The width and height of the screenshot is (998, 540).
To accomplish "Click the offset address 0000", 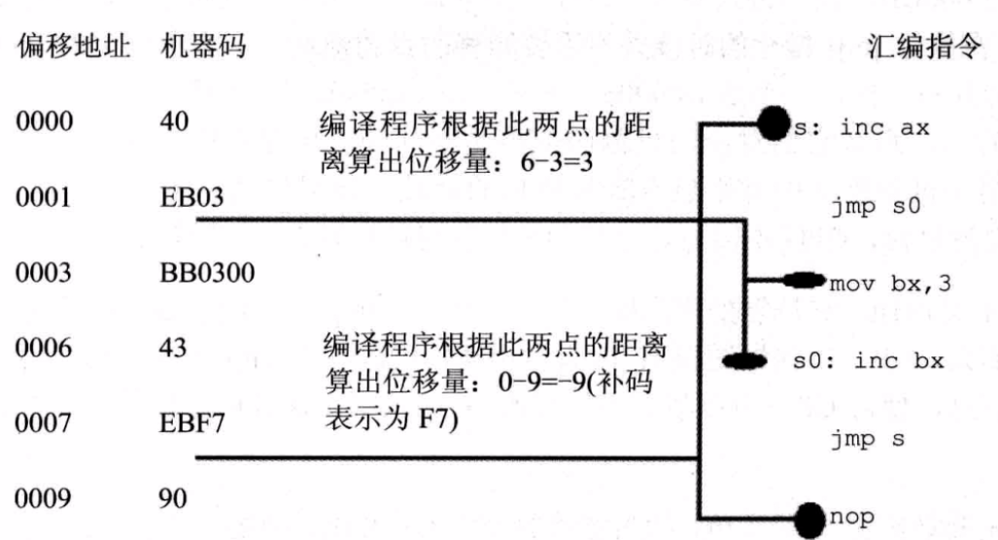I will pyautogui.click(x=43, y=124).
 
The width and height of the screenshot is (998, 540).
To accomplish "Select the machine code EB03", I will pyautogui.click(x=191, y=198).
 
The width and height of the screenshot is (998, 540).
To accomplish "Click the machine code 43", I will pyautogui.click(x=172, y=348).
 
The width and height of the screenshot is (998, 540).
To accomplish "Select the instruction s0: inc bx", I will pyautogui.click(x=869, y=361).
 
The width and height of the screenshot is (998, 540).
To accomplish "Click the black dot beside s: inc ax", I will pyautogui.click(x=773, y=124).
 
